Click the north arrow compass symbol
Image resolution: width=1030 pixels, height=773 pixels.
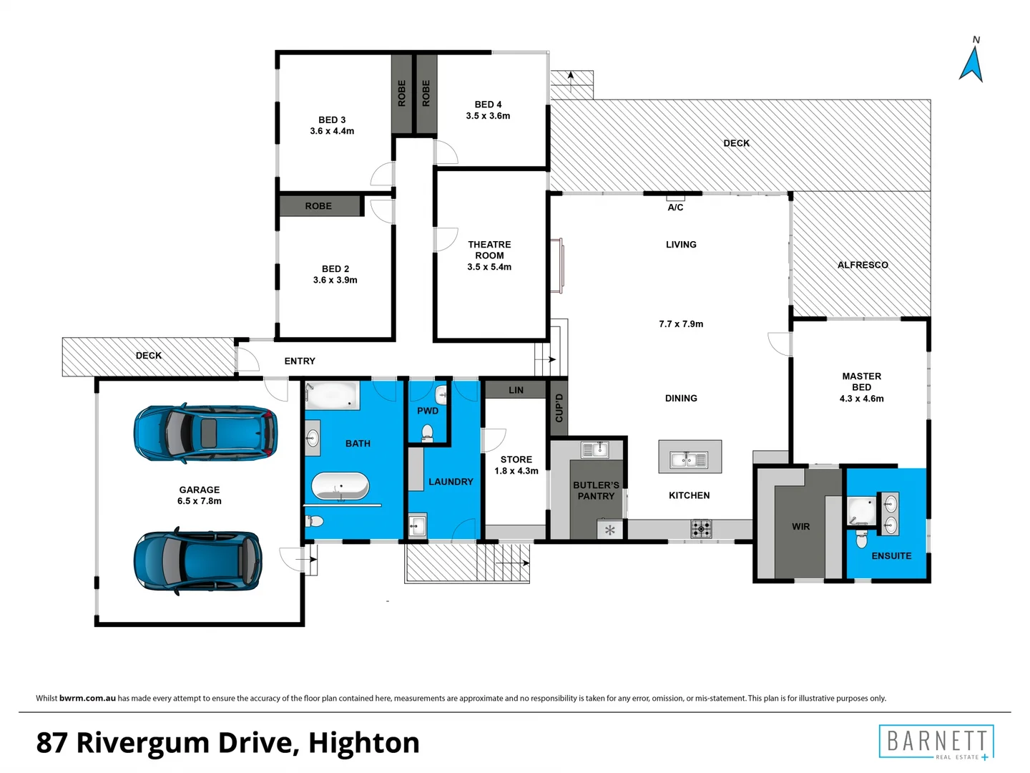coord(971,63)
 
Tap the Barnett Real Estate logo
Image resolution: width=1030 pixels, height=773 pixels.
coord(936,742)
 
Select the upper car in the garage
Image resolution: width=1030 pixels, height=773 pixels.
coord(205,433)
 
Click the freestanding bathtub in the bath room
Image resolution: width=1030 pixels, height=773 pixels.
coord(340,487)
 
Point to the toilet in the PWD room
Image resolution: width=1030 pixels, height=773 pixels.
coord(427,432)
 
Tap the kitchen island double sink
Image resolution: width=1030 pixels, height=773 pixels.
coord(689,459)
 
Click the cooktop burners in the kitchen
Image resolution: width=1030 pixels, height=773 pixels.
coord(701,529)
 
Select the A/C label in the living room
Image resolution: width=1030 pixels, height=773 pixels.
coord(675,208)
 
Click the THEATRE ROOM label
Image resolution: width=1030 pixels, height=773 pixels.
coord(489,250)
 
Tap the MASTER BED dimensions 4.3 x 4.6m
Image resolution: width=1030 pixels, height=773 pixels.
coord(861,399)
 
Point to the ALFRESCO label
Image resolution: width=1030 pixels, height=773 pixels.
coord(863,265)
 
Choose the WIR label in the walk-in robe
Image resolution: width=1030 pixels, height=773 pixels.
coord(800,527)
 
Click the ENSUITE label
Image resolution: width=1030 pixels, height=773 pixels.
coord(891,556)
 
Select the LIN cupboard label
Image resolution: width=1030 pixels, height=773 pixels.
coord(516,390)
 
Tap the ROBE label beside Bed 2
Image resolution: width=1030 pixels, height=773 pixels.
coord(318,206)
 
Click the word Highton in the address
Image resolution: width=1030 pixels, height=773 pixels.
coord(363,743)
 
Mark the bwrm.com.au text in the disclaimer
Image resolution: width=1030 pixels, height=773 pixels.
coord(87,698)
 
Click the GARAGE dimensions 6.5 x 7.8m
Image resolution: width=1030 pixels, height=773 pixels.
coord(200,501)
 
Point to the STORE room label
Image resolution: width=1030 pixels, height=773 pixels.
coord(516,460)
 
